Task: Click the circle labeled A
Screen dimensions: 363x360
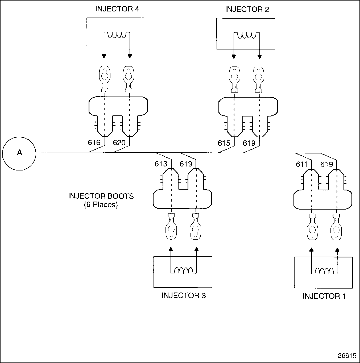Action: point(19,153)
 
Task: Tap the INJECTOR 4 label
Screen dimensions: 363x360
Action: point(117,9)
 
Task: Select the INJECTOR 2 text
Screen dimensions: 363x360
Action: point(247,10)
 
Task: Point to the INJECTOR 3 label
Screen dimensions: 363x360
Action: point(184,295)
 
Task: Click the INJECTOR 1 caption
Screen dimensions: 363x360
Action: point(324,296)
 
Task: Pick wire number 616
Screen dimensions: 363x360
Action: point(94,143)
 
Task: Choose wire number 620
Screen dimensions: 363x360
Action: point(119,143)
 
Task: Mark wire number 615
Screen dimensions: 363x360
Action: point(224,143)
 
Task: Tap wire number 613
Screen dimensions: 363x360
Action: point(161,164)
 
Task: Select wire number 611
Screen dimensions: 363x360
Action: point(302,164)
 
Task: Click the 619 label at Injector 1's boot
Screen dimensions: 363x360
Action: point(327,164)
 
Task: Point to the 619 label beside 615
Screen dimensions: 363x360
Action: point(249,143)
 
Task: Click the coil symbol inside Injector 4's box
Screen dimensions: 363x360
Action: point(117,35)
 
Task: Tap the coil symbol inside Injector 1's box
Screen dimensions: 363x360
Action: point(324,270)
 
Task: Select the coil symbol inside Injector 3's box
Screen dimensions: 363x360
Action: point(183,270)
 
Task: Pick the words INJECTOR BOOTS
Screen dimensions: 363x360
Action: point(101,196)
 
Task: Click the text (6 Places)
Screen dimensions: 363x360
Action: point(101,205)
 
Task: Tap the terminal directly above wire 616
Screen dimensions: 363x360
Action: point(104,79)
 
